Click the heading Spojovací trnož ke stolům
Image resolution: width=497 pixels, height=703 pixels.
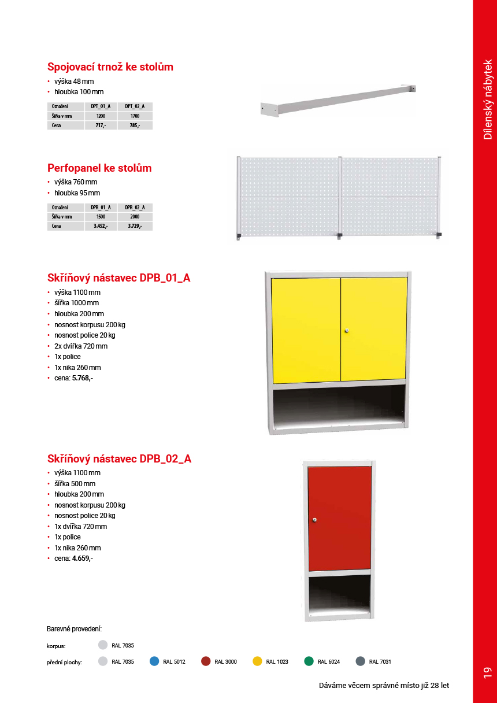click(110, 67)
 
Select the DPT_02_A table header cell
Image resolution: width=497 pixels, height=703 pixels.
click(135, 106)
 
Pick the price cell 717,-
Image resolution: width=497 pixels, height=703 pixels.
click(101, 125)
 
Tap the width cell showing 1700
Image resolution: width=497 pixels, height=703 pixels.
click(135, 116)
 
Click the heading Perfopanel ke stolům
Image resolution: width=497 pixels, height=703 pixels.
click(99, 168)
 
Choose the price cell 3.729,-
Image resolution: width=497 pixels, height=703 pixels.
click(135, 226)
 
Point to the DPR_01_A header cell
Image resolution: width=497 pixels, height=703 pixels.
click(101, 208)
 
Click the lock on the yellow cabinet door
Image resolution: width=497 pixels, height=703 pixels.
click(347, 331)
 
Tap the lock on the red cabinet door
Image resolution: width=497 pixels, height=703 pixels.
click(315, 520)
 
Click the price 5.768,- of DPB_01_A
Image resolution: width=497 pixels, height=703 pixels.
click(83, 378)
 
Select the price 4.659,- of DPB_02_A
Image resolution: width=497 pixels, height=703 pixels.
click(83, 558)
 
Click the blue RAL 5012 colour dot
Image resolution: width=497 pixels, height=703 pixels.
click(154, 661)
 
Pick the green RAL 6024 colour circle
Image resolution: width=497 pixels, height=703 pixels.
click(309, 661)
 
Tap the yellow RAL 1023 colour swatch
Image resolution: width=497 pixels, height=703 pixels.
click(258, 661)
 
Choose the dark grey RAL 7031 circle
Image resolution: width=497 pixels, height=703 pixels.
click(361, 661)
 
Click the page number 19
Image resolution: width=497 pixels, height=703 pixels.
click(487, 672)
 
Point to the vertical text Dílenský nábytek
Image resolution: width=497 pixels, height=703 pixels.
click(488, 99)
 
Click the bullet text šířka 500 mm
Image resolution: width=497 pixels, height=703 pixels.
click(75, 483)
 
